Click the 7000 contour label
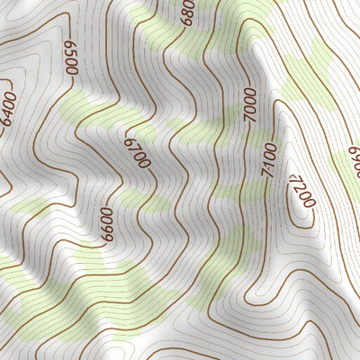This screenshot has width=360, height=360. (x=251, y=106)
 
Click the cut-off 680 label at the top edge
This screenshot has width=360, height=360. (x=187, y=11)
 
